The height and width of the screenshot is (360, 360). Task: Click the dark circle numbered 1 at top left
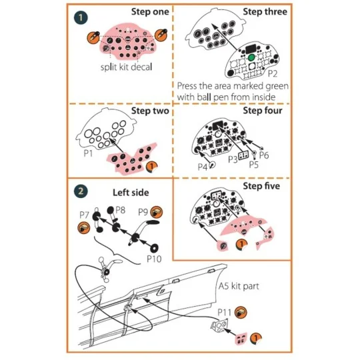click(80, 15)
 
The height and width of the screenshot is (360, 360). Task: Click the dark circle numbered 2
click(81, 191)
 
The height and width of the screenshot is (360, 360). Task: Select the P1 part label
click(87, 152)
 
